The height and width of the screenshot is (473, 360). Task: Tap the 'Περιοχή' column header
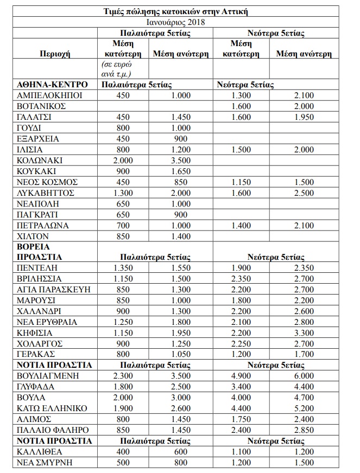[55, 54]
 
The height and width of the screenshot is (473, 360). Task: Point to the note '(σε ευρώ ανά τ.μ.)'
[119, 69]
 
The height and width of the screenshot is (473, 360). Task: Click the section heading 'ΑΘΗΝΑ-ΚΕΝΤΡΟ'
[52, 85]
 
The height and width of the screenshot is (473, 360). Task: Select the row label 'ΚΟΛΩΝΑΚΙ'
[40, 161]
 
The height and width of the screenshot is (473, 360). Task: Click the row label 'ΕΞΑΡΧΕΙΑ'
[39, 139]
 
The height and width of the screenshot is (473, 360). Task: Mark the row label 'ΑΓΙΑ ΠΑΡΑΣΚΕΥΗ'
[54, 290]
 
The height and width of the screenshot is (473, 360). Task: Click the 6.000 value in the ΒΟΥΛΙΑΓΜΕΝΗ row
[303, 375]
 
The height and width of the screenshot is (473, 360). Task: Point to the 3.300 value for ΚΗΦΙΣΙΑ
[303, 333]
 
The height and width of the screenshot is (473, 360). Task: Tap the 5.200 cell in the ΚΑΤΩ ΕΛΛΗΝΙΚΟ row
[303, 408]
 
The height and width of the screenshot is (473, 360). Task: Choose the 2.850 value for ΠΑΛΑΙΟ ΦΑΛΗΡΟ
[303, 430]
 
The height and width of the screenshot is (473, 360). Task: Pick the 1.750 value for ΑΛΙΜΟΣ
[241, 419]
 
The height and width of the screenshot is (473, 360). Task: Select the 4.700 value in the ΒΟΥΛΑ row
[303, 397]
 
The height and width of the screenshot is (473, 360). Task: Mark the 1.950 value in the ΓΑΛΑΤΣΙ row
[303, 117]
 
